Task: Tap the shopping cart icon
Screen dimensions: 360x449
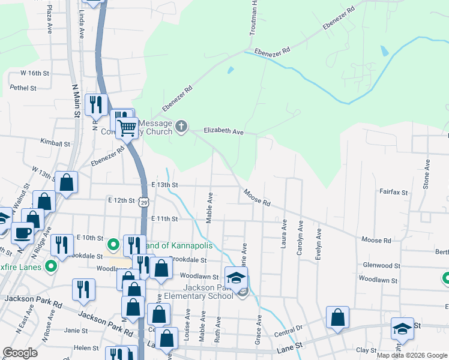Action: [x=127, y=127]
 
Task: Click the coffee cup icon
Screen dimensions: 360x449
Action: [x=23, y=232]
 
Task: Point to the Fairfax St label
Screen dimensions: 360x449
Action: [x=393, y=193]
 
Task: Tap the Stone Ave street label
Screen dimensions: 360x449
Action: [x=426, y=175]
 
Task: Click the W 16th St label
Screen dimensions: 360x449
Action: [x=34, y=73]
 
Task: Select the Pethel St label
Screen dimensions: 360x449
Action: [x=23, y=88]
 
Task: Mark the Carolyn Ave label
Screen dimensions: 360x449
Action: [x=300, y=241]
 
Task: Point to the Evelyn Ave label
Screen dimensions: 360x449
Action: [x=318, y=245]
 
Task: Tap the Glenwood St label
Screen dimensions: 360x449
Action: [x=381, y=265]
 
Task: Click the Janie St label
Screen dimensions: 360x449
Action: [x=76, y=330]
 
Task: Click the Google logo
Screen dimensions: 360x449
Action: [x=20, y=353]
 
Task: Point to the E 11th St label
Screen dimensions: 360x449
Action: [x=165, y=219]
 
